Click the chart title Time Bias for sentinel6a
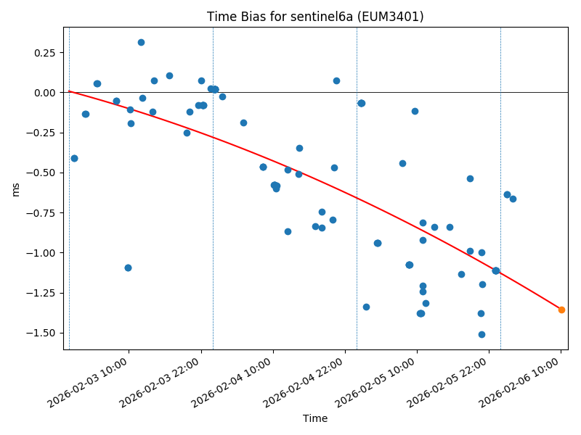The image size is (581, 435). point(315,17)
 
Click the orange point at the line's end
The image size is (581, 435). point(561,310)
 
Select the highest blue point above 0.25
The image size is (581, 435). point(141,42)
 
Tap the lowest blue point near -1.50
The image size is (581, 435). point(482,334)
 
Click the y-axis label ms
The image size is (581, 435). point(15,189)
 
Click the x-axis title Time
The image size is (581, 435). point(315,418)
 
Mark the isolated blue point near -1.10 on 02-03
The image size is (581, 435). point(128,268)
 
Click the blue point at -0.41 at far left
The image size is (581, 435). point(74,158)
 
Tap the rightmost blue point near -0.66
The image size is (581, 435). point(513,199)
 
